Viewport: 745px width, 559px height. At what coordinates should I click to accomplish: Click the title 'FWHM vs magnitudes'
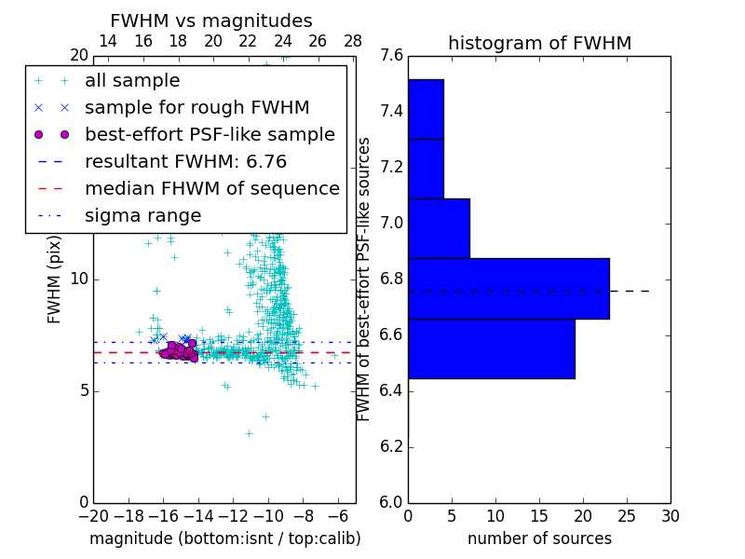(x=211, y=21)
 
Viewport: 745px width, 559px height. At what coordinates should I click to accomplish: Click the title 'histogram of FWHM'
(x=539, y=43)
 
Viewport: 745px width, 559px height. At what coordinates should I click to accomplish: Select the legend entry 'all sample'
(x=132, y=81)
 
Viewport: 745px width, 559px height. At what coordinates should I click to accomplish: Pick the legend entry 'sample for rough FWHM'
(x=196, y=107)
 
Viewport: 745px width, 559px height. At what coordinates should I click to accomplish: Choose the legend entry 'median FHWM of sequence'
(x=211, y=188)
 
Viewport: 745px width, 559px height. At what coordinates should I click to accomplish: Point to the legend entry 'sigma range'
(x=142, y=216)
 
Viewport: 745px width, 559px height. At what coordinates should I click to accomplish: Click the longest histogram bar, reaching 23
(x=508, y=289)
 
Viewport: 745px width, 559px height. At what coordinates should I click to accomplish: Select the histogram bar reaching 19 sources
(x=491, y=348)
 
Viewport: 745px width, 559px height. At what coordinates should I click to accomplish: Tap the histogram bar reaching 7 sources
(x=439, y=228)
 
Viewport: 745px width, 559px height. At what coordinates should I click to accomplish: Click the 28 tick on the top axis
(x=353, y=41)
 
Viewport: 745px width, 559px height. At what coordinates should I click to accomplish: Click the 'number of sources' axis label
(x=539, y=539)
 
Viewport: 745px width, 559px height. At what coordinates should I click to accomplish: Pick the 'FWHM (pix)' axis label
(x=55, y=279)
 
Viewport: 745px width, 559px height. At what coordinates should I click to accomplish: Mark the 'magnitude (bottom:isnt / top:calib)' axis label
(x=224, y=539)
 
